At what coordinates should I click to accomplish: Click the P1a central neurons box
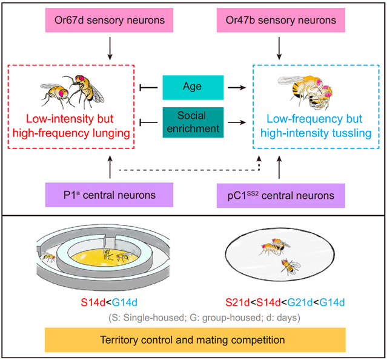click(x=110, y=195)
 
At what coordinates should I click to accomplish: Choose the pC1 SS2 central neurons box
click(x=278, y=195)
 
